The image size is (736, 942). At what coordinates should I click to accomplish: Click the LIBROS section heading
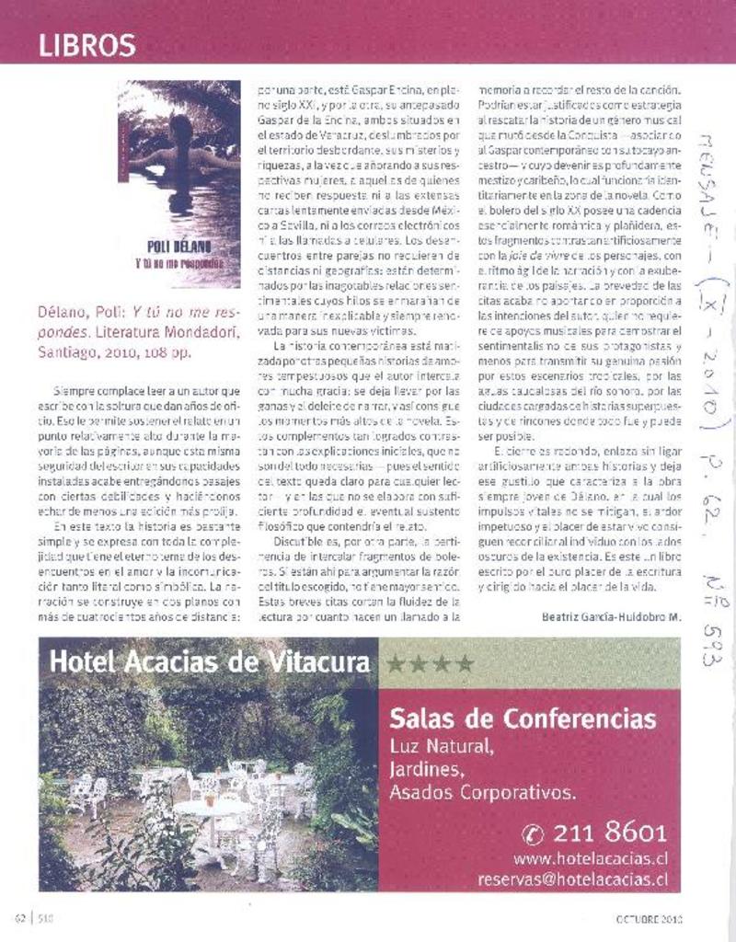pyautogui.click(x=87, y=45)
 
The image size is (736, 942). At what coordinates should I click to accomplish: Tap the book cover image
pyautogui.click(x=179, y=184)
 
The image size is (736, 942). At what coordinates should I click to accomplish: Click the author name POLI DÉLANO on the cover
pyautogui.click(x=179, y=246)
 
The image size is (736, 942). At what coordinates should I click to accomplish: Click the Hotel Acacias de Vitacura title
pyautogui.click(x=210, y=661)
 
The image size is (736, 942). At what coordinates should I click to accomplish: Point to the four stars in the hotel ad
pyautogui.click(x=430, y=662)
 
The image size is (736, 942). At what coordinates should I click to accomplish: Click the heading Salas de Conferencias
pyautogui.click(x=523, y=718)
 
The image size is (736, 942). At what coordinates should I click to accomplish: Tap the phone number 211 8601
pyautogui.click(x=610, y=834)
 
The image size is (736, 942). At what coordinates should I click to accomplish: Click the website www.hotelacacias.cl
pyautogui.click(x=590, y=859)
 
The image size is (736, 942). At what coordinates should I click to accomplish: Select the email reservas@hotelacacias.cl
pyautogui.click(x=572, y=880)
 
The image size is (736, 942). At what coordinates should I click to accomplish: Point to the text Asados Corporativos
pyautogui.click(x=483, y=791)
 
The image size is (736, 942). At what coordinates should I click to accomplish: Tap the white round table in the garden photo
pyautogui.click(x=212, y=807)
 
